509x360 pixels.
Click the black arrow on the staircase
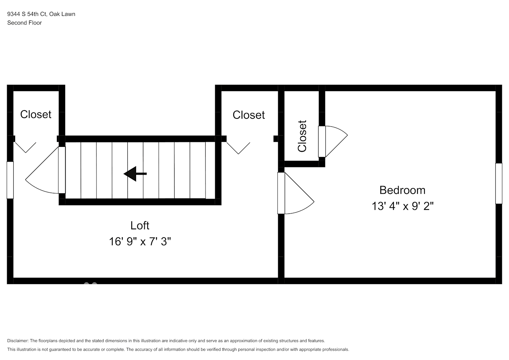tap(135, 174)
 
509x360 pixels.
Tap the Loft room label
tap(140, 226)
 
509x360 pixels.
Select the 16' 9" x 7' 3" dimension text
tap(140, 242)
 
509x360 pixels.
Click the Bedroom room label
tap(402, 190)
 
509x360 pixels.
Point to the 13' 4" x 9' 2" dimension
tap(402, 206)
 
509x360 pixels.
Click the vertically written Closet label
tap(302, 136)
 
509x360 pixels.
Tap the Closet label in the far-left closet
tap(36, 114)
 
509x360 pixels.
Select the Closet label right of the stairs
tap(248, 115)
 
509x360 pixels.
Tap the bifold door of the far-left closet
tap(25, 147)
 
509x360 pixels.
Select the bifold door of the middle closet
tap(238, 148)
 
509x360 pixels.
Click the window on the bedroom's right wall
tap(499, 184)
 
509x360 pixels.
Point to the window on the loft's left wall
tap(10, 180)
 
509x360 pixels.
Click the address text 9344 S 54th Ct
tap(27, 14)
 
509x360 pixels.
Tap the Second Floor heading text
tap(24, 23)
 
